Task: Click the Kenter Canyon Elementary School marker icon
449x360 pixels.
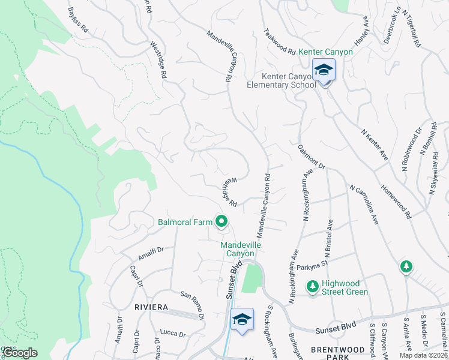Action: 323,70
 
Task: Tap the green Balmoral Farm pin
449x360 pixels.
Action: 221,223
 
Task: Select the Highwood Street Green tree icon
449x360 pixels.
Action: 312,287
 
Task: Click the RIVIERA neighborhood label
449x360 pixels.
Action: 151,307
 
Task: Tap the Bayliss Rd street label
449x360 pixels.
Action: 78,20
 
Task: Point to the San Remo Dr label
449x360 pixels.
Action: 193,305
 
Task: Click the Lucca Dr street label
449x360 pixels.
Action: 174,333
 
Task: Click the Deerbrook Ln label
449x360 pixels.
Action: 393,25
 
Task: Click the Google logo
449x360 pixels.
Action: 20,353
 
